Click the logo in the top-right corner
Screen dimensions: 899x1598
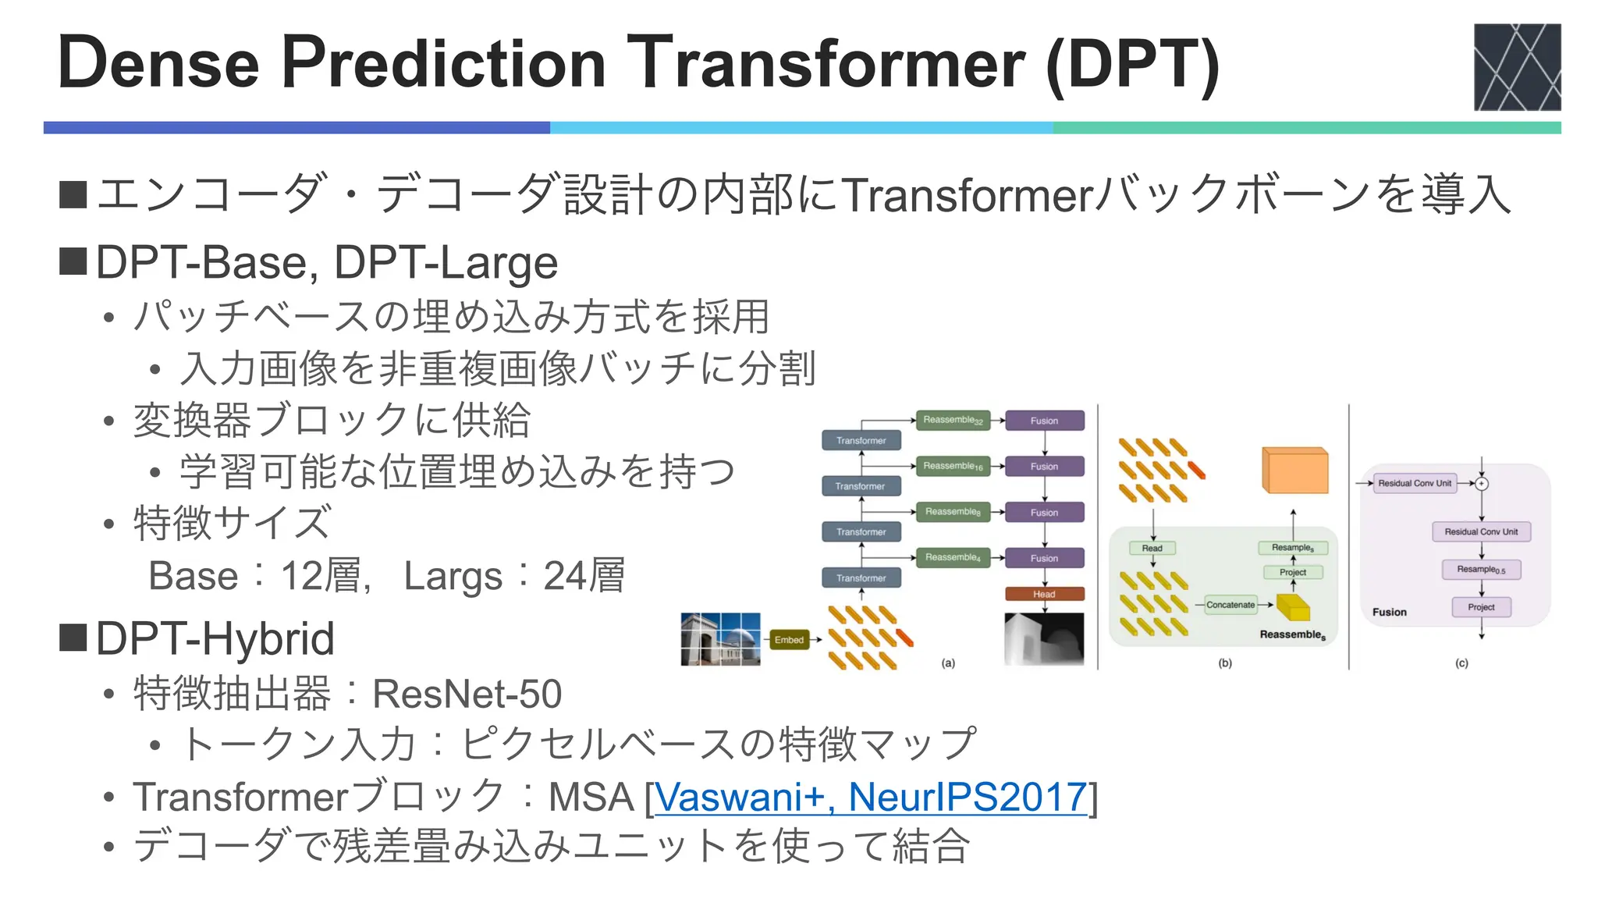1516,67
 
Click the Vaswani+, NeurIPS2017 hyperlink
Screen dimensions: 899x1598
870,797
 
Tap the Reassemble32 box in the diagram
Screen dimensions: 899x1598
953,421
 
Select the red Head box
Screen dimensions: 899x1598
1044,594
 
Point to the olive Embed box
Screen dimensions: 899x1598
789,640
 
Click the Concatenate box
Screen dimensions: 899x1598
1230,605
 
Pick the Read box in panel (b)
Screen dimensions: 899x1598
1152,548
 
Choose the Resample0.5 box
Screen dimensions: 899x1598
1480,570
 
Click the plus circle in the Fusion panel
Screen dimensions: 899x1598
1482,484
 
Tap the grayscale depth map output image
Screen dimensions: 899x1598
1044,639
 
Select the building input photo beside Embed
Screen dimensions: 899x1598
720,639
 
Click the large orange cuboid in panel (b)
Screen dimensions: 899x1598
1294,471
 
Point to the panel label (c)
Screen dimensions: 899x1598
1461,663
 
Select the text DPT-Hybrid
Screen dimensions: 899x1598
215,638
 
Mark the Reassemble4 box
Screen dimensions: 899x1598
953,558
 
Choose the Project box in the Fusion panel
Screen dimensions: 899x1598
1480,607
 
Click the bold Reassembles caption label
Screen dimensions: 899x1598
1292,635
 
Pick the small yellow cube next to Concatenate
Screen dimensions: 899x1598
1292,606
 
